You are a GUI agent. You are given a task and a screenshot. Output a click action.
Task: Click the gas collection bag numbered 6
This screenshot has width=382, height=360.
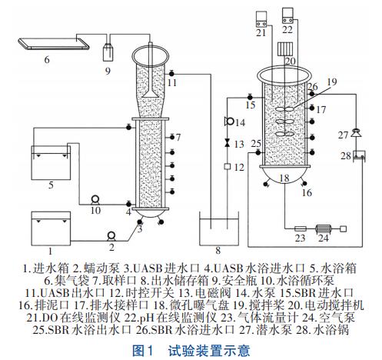coord(54,43)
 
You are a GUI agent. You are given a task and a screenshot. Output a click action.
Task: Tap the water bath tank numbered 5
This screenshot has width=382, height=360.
coord(51,162)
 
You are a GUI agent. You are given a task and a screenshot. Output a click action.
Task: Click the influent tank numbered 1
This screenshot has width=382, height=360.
coord(51,228)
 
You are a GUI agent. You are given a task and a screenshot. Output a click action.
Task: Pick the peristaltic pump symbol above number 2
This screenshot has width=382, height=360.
coord(111,236)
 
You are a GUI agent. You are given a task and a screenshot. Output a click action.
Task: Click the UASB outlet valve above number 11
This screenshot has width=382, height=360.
coord(171,74)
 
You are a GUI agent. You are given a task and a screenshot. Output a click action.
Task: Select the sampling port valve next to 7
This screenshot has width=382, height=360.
coord(172,138)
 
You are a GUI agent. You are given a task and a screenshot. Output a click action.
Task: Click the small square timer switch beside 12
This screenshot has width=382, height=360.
coord(228,166)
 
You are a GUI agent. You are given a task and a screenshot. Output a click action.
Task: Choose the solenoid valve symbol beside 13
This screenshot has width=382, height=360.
coord(227,143)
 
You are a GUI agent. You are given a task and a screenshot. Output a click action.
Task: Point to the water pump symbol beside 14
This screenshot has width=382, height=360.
coord(229,121)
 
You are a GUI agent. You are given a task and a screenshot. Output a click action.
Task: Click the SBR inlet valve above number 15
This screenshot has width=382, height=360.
coord(250,97)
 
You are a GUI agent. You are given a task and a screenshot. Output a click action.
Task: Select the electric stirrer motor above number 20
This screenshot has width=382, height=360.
coord(285,48)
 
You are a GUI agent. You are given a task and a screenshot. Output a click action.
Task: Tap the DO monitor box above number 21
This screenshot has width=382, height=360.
coord(261,19)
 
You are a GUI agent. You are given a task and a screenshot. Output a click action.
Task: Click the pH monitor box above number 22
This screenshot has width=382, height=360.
coord(287,15)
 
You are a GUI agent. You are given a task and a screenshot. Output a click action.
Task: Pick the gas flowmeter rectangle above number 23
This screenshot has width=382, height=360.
coord(301,228)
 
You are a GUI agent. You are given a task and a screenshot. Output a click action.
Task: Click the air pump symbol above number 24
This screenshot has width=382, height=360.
coord(324,228)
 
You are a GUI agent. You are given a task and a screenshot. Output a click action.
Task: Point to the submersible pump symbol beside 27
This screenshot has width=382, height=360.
coord(356,133)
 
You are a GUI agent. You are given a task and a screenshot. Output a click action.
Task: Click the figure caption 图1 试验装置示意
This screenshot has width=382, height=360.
coord(191,351)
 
